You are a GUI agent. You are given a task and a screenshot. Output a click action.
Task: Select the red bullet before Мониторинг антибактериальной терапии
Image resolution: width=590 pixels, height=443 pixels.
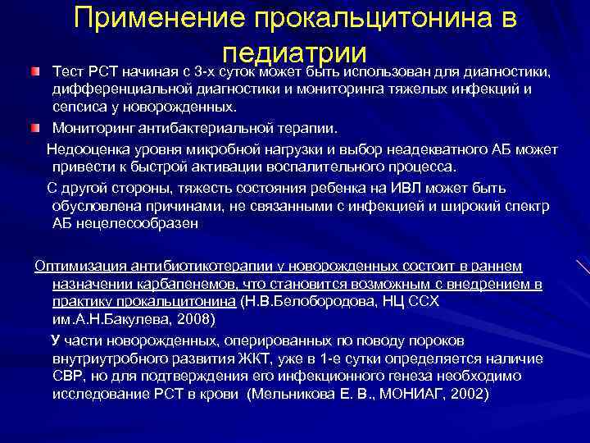[x=34, y=129]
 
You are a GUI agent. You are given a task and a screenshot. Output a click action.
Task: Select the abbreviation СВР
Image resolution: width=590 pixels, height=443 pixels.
[x=70, y=376]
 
